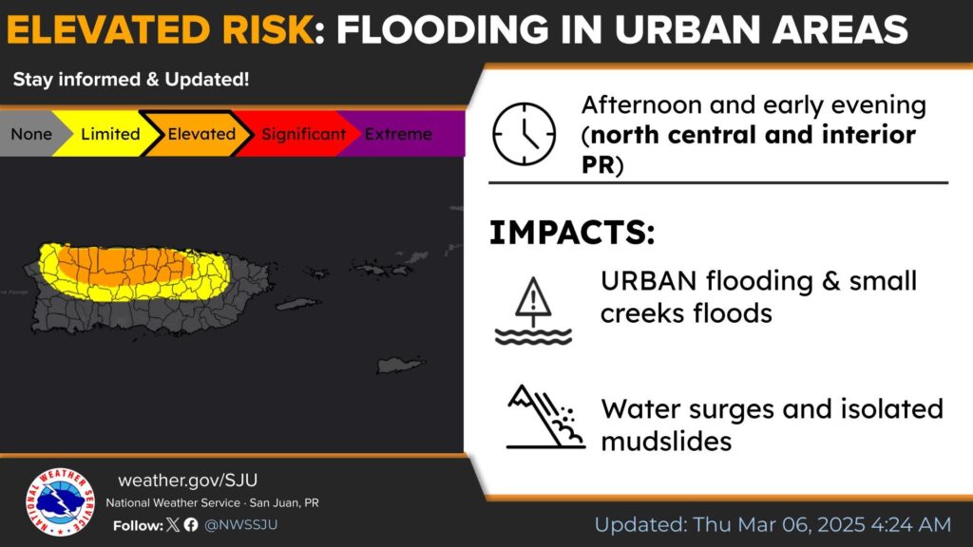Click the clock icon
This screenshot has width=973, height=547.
coord(524,134)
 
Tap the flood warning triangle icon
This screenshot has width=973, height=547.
coord(533,311)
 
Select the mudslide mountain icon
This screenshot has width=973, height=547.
coord(544,416)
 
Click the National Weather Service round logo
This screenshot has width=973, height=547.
coord(60,501)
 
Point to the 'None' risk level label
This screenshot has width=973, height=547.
coord(31,134)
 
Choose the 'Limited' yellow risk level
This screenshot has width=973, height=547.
coord(110,134)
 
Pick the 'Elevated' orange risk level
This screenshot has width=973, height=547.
coord(201,134)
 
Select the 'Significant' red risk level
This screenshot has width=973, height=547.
coord(303,134)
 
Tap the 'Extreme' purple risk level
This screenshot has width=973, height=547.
coord(398,134)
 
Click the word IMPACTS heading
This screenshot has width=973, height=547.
coord(571,233)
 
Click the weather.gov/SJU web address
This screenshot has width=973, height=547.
coord(187,480)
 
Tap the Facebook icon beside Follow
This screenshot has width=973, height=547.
coord(191,524)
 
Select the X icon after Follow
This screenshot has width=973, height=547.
coord(173,524)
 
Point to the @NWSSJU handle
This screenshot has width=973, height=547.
coord(240,524)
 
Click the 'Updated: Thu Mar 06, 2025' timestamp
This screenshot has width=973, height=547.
coord(773,524)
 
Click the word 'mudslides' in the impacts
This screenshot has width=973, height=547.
coord(666,442)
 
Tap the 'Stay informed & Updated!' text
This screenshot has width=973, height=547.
coord(131,80)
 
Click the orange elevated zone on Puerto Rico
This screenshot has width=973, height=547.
coord(124,265)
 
